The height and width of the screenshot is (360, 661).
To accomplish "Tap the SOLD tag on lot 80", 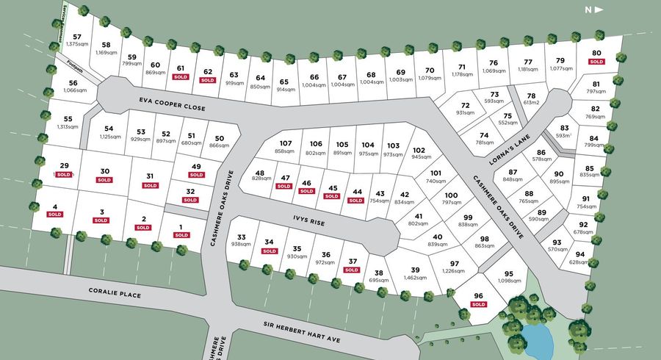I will click(596, 62).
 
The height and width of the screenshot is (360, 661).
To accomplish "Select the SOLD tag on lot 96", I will click(479, 304).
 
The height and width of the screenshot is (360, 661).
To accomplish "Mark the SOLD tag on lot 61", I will click(181, 76).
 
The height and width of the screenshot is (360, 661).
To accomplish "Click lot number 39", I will click(415, 270).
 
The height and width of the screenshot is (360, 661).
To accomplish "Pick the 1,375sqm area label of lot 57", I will click(77, 45).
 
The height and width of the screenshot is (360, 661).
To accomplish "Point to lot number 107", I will click(286, 143).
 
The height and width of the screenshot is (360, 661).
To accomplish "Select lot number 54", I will click(109, 128).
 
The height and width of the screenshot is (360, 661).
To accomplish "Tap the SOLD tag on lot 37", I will click(352, 270).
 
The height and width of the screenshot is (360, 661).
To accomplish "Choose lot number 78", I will click(532, 96).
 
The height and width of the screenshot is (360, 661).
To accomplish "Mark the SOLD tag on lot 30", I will click(104, 179).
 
